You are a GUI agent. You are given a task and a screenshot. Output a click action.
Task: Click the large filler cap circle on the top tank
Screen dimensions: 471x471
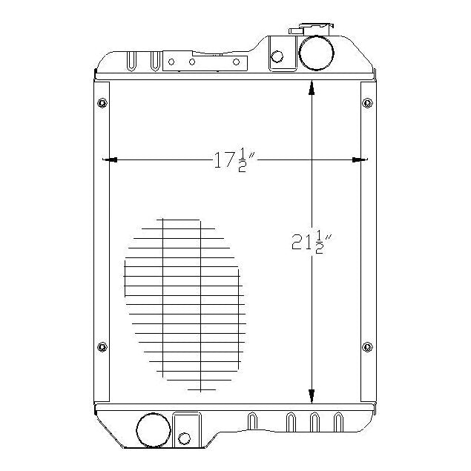point(316,51)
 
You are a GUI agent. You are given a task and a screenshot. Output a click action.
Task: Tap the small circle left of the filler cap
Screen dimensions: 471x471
point(278,56)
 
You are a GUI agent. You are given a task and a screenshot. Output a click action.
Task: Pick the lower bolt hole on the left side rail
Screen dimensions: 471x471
point(102,346)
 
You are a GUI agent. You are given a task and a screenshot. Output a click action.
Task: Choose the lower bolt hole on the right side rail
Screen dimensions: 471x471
point(367,346)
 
